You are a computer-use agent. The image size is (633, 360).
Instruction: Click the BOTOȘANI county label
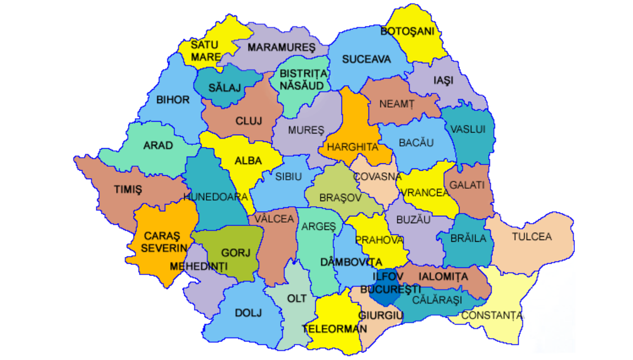408,32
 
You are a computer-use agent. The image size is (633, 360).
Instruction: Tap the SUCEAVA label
366,59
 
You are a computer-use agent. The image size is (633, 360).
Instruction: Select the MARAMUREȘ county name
281,47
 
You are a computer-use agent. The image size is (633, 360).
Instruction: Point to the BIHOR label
173,100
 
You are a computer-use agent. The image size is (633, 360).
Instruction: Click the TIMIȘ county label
128,190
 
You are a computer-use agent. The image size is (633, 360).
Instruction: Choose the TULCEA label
532,237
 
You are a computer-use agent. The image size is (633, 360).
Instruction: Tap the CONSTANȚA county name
492,315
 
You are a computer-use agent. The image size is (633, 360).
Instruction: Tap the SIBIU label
289,176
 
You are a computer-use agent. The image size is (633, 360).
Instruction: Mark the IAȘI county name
443,81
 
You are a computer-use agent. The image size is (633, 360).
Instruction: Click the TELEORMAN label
334,328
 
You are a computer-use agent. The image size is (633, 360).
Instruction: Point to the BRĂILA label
468,238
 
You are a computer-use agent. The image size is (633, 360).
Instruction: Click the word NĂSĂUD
303,85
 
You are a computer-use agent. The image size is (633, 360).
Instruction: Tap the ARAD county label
158,145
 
